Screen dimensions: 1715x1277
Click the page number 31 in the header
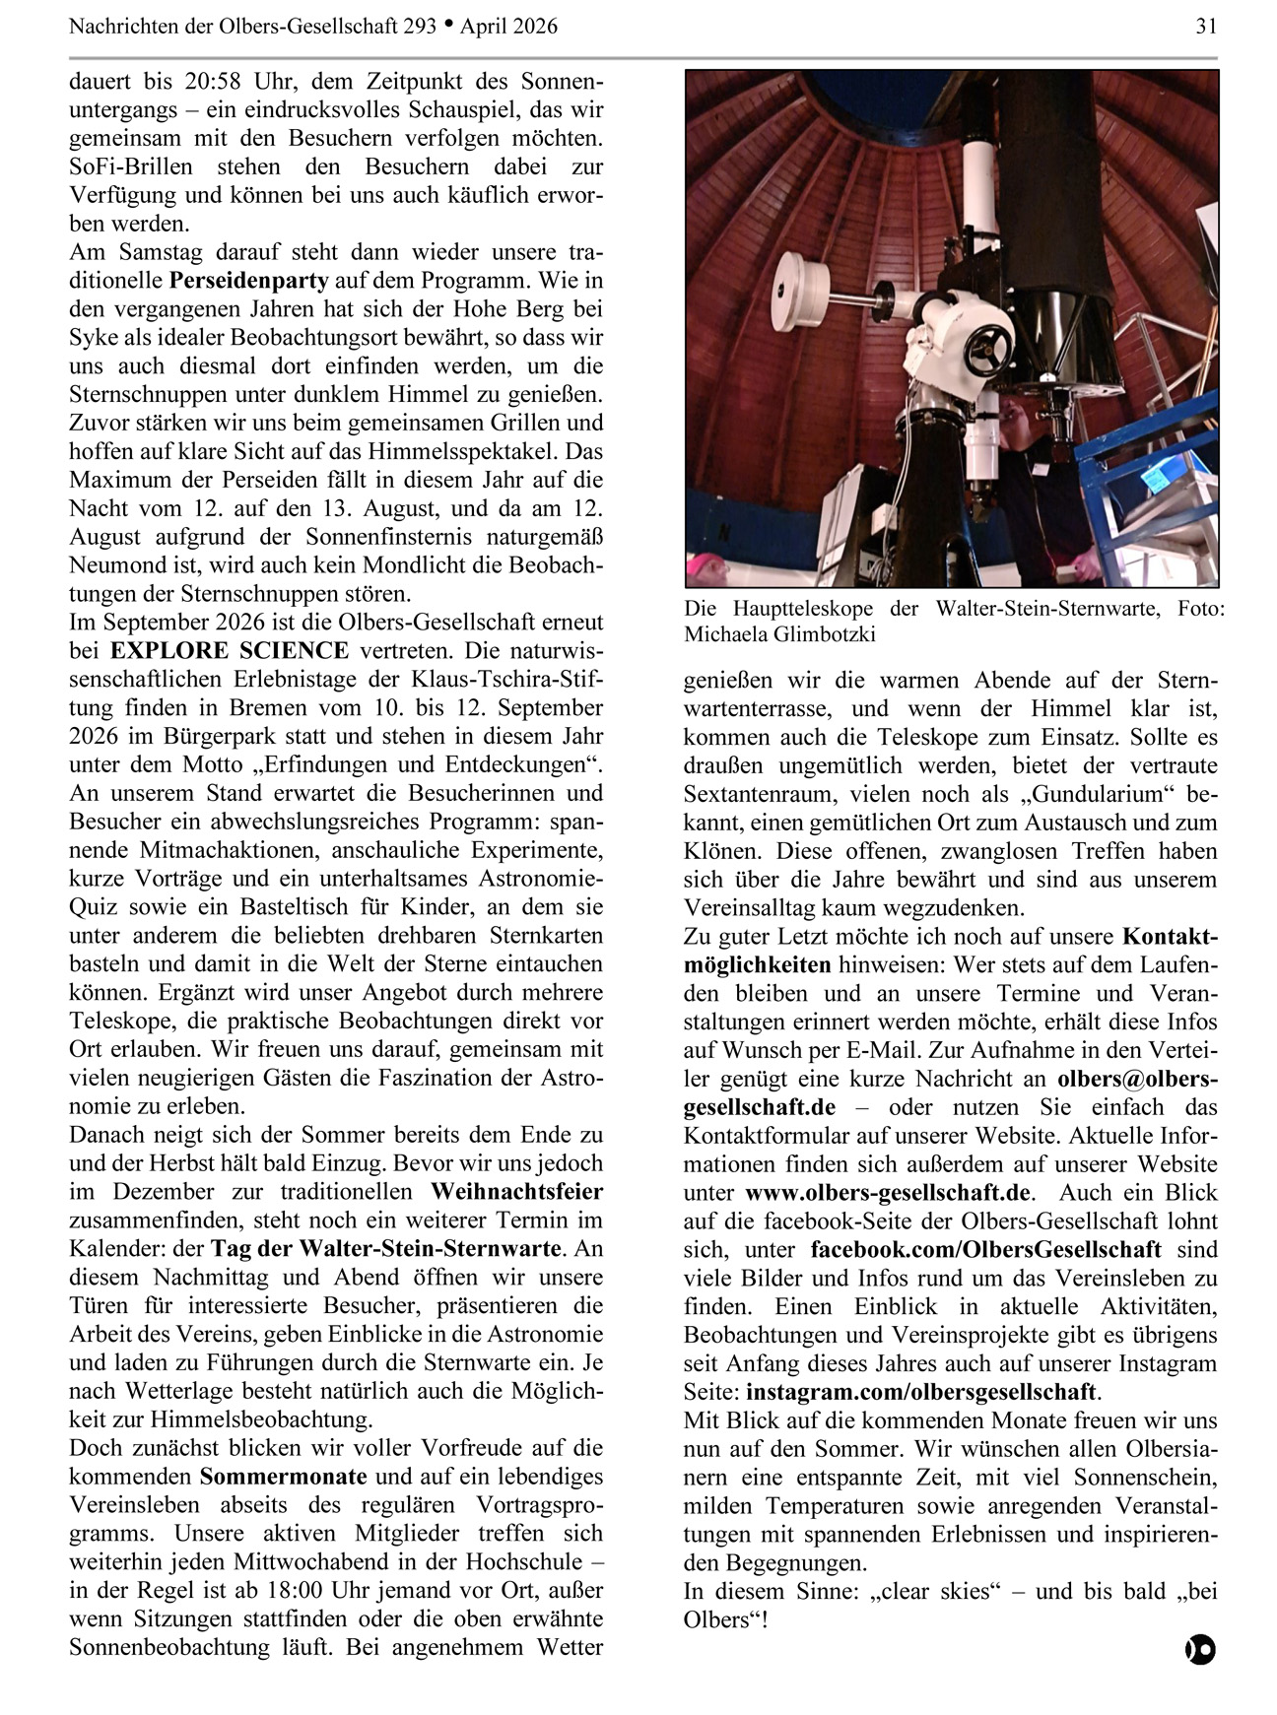(1206, 27)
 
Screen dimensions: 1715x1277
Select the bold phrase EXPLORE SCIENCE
(229, 651)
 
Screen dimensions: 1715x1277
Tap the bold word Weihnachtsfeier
(516, 1192)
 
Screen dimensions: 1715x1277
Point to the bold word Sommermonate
(283, 1477)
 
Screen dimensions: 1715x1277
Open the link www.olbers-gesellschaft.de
(888, 1193)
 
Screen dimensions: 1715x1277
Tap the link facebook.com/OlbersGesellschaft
(985, 1250)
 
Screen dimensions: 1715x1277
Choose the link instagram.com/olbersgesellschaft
(920, 1392)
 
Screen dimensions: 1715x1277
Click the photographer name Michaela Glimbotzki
(779, 634)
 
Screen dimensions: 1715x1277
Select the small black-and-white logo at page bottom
(1199, 1650)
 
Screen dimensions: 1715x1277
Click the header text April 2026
(508, 27)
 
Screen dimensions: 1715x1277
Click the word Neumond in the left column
(121, 565)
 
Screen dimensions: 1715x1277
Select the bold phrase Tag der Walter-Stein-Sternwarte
(385, 1249)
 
